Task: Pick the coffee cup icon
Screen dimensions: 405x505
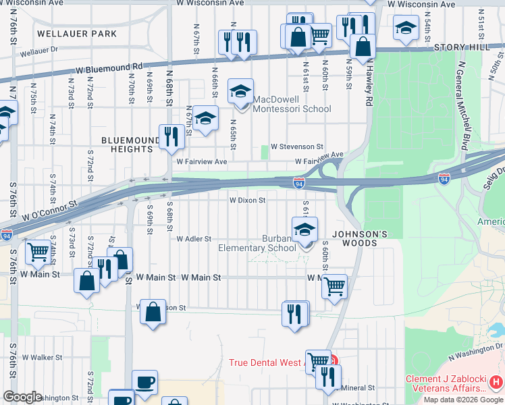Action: (144, 382)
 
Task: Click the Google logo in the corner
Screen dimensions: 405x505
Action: (22, 397)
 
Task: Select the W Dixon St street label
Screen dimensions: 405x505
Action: (248, 200)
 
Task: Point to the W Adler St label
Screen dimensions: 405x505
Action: (194, 239)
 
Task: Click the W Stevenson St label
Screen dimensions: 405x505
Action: (297, 146)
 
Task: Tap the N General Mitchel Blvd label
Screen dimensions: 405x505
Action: (463, 105)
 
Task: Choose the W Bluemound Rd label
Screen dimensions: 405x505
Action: (109, 69)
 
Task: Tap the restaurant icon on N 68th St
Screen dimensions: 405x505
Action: (171, 137)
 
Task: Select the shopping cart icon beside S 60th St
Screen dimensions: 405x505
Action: (334, 286)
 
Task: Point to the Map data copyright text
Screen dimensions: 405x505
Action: (462, 400)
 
